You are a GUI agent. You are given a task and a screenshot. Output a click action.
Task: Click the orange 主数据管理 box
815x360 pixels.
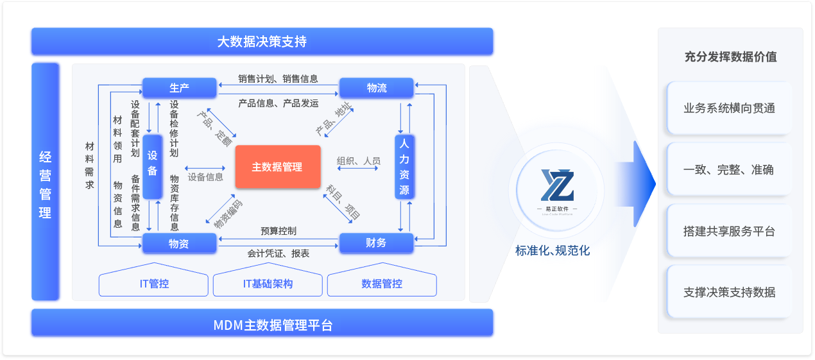(x=277, y=167)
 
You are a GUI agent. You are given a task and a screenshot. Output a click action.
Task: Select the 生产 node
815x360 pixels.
(x=179, y=88)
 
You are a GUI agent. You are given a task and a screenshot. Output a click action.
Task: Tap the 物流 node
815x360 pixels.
(x=376, y=88)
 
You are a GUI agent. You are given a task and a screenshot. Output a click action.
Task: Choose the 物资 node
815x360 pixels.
(x=179, y=243)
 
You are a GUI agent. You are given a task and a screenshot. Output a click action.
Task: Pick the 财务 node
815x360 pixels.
(x=376, y=243)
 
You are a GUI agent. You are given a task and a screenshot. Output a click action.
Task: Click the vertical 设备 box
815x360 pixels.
(x=152, y=166)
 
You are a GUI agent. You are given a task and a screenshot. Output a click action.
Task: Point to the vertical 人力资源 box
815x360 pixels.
(x=404, y=166)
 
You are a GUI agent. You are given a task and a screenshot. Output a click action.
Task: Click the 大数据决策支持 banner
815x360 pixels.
(x=262, y=42)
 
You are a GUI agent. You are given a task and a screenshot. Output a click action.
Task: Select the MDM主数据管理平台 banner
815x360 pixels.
(x=262, y=323)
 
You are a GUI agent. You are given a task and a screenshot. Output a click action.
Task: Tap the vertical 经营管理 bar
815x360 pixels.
(x=45, y=182)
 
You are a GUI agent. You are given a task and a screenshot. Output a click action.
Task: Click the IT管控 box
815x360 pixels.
(x=154, y=284)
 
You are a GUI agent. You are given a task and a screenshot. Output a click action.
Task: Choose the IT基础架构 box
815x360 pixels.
(x=268, y=284)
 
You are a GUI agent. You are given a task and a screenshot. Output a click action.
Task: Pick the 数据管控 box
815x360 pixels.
(x=382, y=284)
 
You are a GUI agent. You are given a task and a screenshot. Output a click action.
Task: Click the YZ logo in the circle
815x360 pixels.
(x=556, y=185)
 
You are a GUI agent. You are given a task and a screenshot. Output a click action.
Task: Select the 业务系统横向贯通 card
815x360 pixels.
(x=729, y=108)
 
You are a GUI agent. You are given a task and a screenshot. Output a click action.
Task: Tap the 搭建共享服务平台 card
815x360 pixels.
(x=729, y=231)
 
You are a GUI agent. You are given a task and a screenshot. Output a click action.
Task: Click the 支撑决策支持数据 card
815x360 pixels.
(x=729, y=293)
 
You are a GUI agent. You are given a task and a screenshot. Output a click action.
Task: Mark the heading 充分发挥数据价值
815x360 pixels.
(x=730, y=56)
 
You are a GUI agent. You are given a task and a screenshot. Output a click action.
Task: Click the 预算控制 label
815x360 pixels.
(x=279, y=230)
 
